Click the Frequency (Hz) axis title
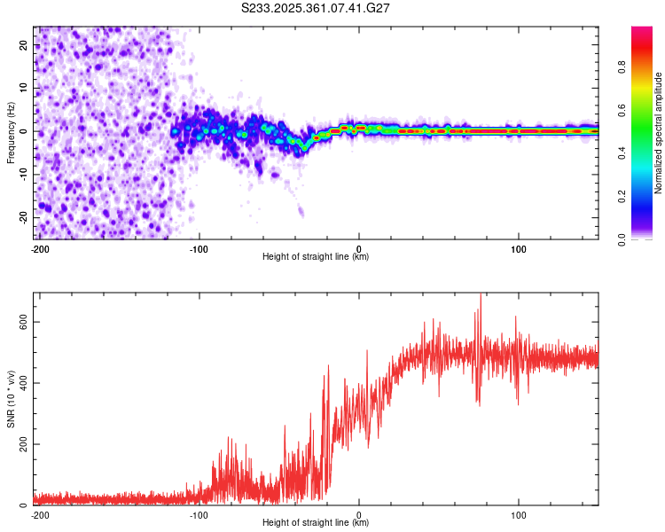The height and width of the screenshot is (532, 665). [11, 133]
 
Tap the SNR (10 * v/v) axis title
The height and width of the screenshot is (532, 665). [11, 399]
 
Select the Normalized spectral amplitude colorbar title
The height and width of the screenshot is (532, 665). [659, 133]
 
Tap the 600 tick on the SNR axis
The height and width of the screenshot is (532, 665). [20, 322]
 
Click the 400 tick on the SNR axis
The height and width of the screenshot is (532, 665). [20, 383]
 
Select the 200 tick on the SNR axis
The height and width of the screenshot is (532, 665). [20, 444]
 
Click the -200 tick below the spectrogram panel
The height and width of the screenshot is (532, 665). [39, 248]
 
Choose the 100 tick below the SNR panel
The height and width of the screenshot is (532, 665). [518, 514]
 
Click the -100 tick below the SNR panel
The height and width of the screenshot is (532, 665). [199, 514]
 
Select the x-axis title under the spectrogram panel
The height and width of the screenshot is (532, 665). [316, 257]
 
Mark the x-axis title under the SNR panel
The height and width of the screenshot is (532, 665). [316, 523]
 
